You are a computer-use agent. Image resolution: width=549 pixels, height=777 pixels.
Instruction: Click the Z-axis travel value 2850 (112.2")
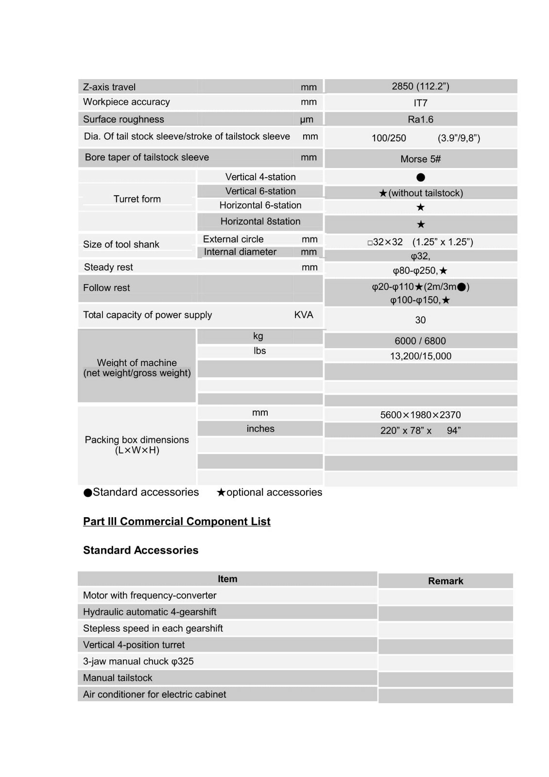click(420, 86)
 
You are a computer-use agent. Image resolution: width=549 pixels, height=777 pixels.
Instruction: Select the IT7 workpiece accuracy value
click(420, 103)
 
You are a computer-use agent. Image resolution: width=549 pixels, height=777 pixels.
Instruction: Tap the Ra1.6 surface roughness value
click(420, 119)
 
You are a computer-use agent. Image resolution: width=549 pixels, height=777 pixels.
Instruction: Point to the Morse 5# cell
click(420, 159)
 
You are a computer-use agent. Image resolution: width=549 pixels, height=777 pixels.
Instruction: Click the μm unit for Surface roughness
click(307, 119)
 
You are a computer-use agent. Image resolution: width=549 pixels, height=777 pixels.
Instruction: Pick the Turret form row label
click(137, 199)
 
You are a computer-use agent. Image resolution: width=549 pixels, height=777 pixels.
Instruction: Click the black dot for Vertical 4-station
click(421, 177)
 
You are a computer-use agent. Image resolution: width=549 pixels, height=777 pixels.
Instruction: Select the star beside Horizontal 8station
click(421, 224)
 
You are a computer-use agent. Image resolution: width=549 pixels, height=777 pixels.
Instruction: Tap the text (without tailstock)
click(426, 193)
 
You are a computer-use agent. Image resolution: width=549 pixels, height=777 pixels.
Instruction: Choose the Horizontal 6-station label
click(260, 205)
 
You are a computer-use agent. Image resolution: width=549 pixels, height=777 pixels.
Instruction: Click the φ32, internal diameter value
click(420, 256)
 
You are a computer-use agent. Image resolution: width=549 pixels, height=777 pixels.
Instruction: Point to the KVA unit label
click(304, 315)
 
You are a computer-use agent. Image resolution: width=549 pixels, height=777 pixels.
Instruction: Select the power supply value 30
click(420, 320)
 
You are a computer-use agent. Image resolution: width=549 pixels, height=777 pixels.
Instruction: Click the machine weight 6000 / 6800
click(420, 341)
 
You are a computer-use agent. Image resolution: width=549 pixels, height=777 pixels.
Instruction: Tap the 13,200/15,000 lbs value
click(420, 356)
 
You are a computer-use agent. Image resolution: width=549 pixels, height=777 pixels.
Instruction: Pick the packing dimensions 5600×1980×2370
click(420, 415)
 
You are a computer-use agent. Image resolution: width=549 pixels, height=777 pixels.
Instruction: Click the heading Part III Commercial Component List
click(176, 522)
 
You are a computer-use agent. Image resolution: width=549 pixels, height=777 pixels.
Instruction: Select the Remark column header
click(446, 581)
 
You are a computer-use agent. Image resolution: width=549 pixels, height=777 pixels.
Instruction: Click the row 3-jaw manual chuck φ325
click(138, 661)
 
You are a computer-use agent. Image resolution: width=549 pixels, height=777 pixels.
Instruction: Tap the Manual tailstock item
click(118, 678)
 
